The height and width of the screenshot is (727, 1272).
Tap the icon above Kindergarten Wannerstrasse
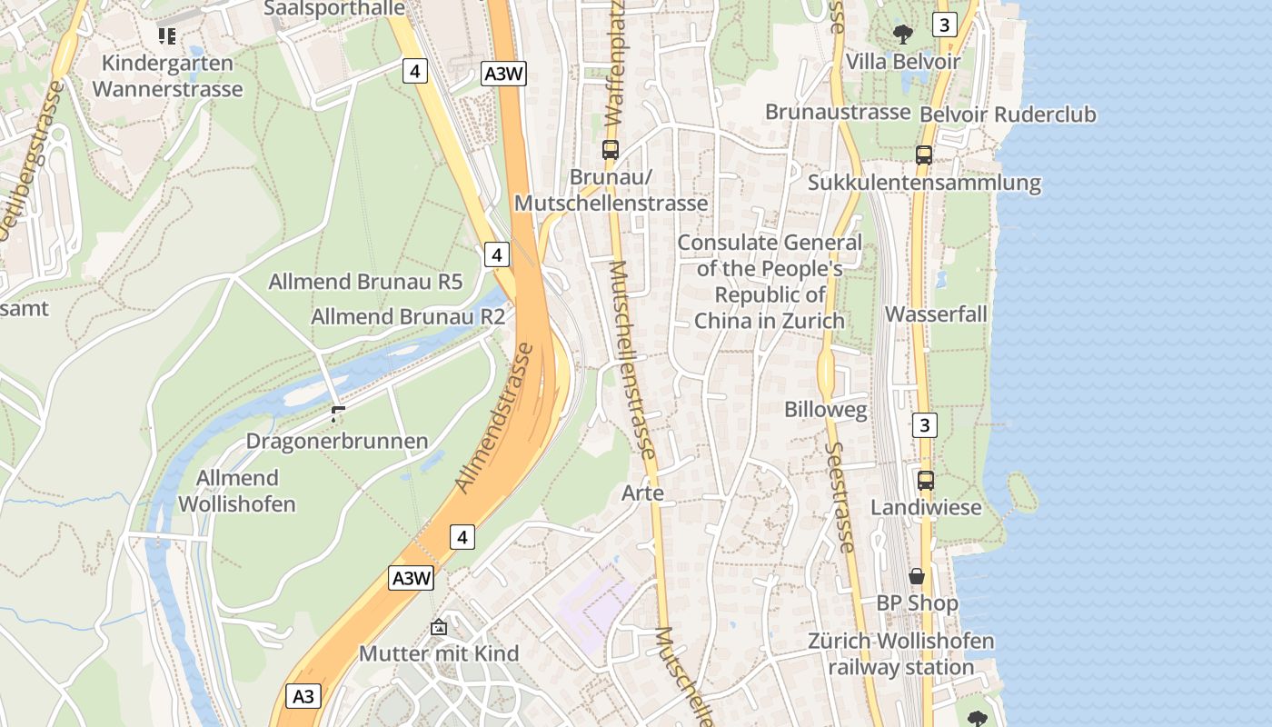point(166,36)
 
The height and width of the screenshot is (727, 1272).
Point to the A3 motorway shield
point(303,696)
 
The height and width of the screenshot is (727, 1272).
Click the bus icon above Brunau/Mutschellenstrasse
point(611,150)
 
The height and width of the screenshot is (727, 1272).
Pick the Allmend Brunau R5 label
point(365,282)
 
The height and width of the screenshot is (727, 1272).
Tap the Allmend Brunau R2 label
point(408,317)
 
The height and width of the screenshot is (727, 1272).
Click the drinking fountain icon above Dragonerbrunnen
point(338,414)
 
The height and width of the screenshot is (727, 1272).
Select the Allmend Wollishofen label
point(237,491)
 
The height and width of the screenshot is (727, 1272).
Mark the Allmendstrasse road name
point(494,418)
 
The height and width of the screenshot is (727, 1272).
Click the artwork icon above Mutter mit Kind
point(439,627)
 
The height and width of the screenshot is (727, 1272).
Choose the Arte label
point(642,493)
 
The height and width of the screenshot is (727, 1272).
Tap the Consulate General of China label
point(770,282)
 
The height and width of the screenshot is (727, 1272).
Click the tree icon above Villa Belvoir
point(902,35)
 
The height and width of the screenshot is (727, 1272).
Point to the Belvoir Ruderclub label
point(1008,115)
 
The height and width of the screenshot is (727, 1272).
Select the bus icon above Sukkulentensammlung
point(924,155)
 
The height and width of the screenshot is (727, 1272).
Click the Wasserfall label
point(936,314)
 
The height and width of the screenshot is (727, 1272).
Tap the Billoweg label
point(826,410)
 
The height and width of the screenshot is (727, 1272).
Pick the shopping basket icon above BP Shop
point(917,576)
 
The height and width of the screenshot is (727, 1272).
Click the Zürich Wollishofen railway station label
point(901,654)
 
